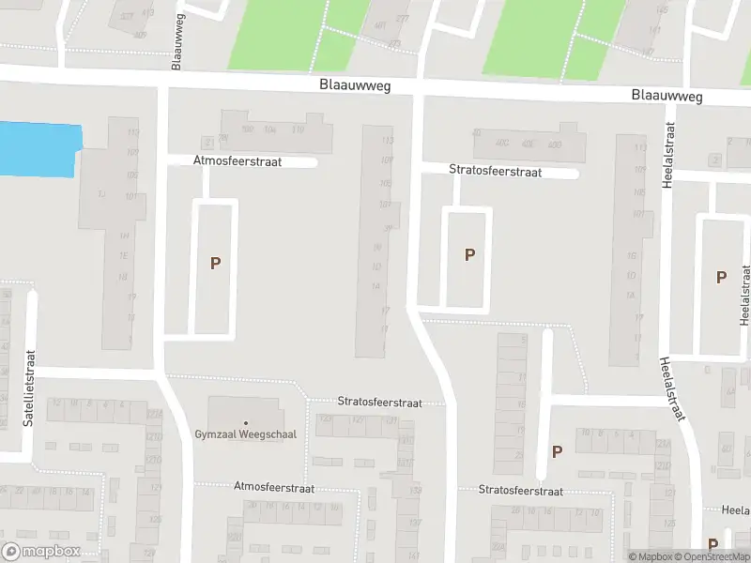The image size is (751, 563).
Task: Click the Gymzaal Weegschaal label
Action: coord(245,434)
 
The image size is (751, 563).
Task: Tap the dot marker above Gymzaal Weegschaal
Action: coord(245,423)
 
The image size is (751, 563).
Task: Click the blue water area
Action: coord(38,148)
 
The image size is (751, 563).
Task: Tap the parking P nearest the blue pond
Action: coord(215,264)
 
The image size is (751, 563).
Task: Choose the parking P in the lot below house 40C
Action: coord(469,254)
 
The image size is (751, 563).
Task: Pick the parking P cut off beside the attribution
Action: coord(713,544)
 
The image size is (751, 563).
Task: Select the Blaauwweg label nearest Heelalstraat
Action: coord(667,96)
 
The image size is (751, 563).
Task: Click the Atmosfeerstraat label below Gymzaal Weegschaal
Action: coord(273,488)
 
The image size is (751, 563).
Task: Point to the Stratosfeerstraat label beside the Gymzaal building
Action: coord(380,402)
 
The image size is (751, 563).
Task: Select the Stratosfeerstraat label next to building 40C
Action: coord(495,172)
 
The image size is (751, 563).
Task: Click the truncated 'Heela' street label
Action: coord(735,510)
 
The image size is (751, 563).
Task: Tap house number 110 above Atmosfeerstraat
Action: coord(298,129)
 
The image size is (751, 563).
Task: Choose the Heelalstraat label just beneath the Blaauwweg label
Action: coord(668,155)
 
